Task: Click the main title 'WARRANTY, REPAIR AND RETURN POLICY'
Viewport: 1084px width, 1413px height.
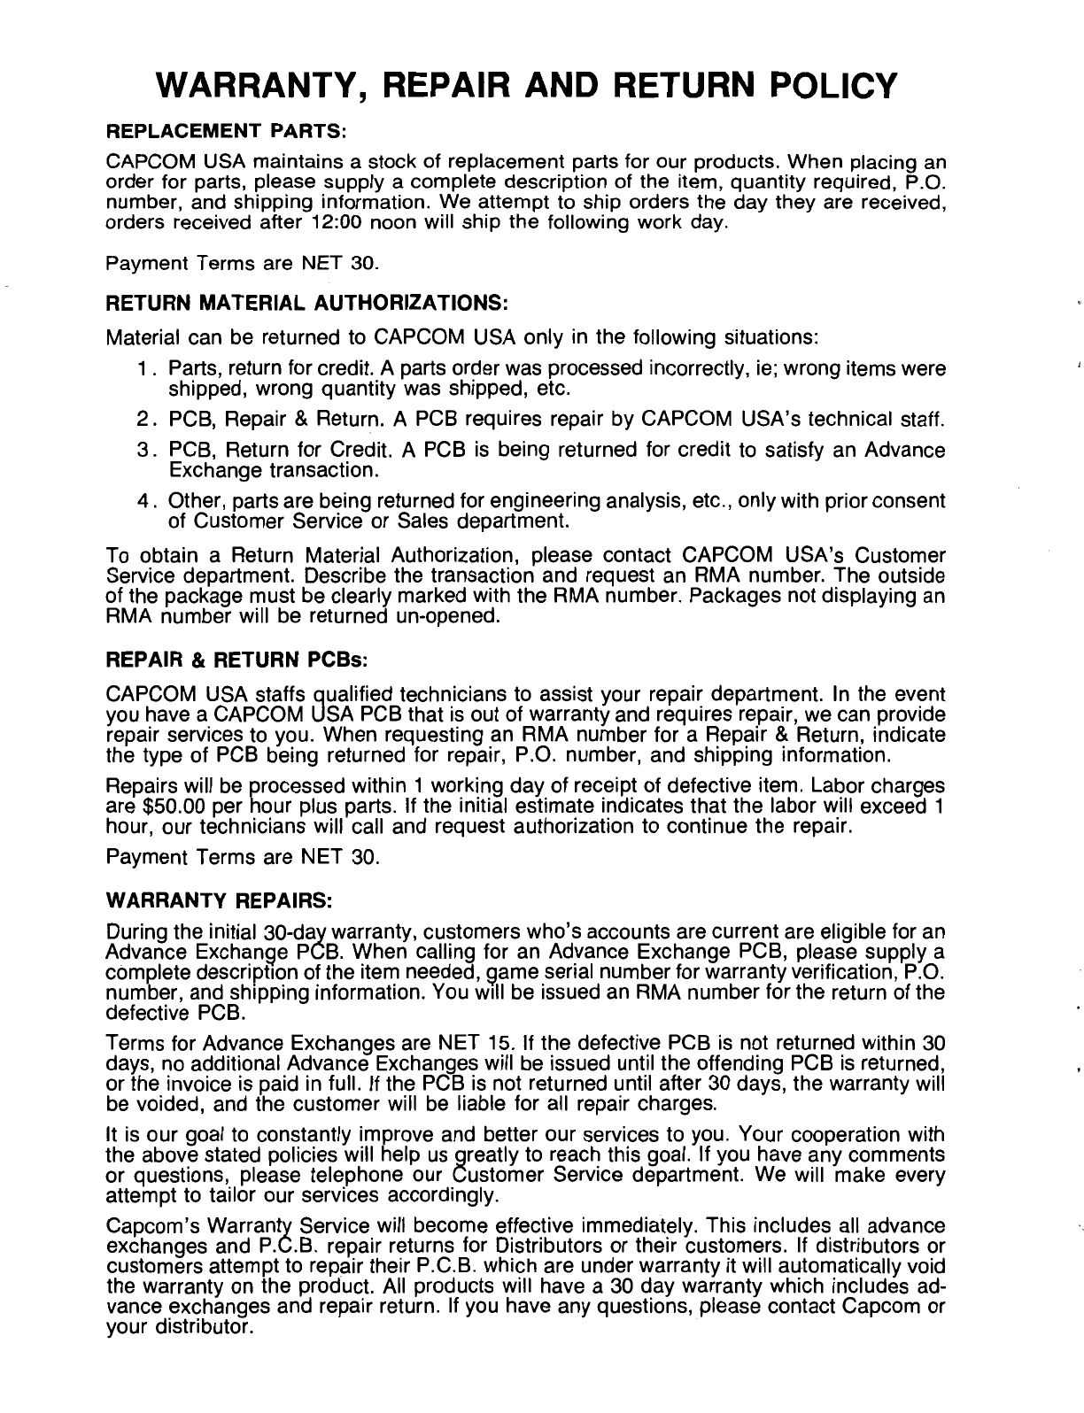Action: coord(525,85)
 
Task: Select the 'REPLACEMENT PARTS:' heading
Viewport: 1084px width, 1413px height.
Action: coord(225,132)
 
